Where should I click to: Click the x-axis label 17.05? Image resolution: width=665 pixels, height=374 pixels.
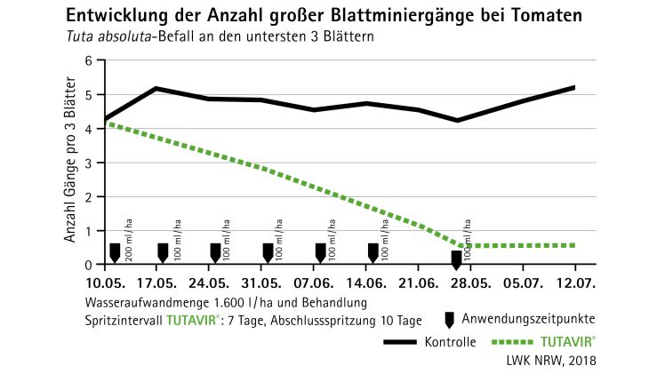157,282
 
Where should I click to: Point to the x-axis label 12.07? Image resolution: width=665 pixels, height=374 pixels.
575,282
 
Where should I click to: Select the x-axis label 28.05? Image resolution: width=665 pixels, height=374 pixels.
469,282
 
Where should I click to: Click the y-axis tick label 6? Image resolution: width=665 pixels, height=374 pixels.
88,60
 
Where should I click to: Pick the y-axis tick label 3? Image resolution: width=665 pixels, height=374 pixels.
88,163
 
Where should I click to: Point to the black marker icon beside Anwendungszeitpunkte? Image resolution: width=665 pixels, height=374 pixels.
451,318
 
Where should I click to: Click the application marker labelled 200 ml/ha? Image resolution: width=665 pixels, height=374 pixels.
114,252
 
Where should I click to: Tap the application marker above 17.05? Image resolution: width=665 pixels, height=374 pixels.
163,252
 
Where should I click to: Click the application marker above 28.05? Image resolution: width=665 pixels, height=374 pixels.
456,259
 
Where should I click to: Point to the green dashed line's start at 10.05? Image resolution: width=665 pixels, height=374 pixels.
107,124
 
